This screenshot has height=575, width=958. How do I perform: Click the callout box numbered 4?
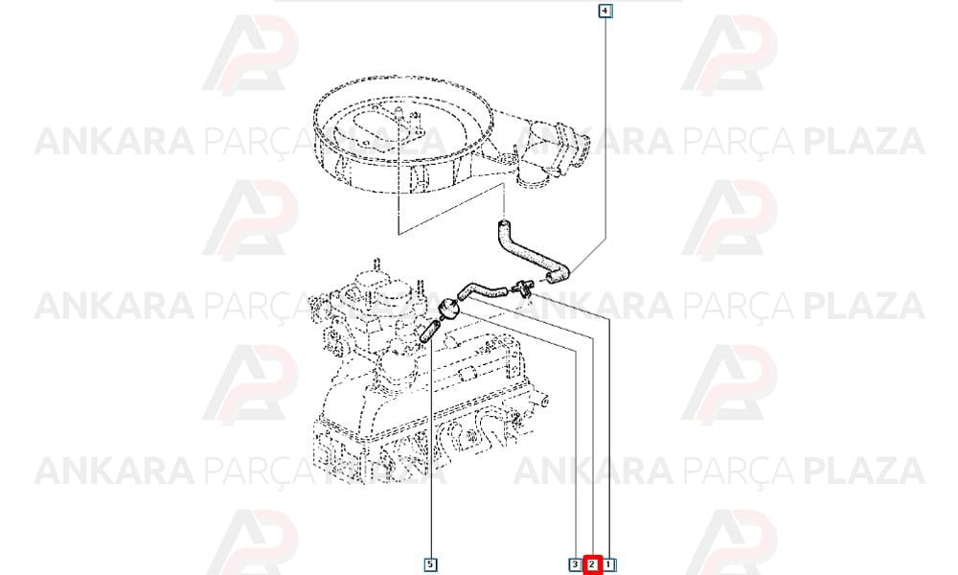click(604, 11)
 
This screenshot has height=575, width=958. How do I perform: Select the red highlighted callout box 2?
click(592, 564)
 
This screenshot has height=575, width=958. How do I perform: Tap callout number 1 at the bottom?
click(609, 564)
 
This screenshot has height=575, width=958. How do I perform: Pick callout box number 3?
click(575, 564)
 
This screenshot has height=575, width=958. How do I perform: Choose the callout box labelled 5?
click(430, 564)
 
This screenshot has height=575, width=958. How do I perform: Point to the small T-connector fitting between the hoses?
click(524, 286)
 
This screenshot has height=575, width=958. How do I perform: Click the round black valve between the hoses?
click(449, 308)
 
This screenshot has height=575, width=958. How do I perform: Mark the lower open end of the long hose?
click(553, 279)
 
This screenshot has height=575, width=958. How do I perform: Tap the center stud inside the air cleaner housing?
click(399, 114)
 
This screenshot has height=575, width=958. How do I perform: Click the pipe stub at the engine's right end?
click(541, 401)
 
